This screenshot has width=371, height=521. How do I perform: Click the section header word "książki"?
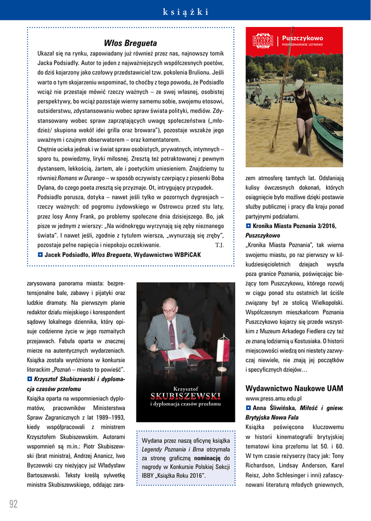click(185, 12)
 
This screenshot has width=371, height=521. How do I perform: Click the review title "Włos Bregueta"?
click(130, 43)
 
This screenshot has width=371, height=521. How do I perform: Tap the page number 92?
click(13, 504)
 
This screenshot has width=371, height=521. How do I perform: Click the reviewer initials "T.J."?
click(220, 245)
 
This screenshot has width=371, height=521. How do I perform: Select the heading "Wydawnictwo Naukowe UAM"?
click(294, 388)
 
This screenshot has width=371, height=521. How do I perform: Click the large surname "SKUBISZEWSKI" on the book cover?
click(185, 396)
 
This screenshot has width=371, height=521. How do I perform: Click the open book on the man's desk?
click(184, 353)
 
